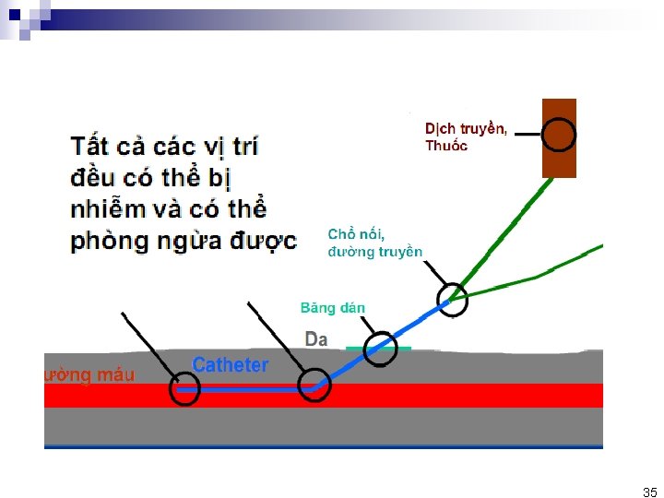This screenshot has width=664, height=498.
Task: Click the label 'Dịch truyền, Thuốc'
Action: tap(465, 136)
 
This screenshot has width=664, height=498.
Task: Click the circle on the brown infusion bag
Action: tap(558, 135)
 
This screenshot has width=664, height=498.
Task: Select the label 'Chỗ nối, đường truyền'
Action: tap(375, 243)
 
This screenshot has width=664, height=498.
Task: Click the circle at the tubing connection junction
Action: tap(452, 299)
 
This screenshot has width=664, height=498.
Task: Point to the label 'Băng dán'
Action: tap(333, 308)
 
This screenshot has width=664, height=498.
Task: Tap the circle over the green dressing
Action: tap(380, 349)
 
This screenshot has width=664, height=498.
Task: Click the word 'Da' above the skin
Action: tap(316, 339)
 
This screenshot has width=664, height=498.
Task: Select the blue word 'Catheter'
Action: tap(230, 365)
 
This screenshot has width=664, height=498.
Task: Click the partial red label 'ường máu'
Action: tap(89, 374)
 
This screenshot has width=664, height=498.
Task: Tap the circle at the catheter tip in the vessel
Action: tap(184, 389)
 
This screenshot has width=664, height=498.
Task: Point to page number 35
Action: tap(650, 492)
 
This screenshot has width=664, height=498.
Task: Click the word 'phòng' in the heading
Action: tap(110, 242)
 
